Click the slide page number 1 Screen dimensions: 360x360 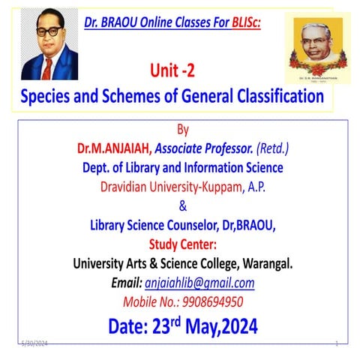[337, 343]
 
